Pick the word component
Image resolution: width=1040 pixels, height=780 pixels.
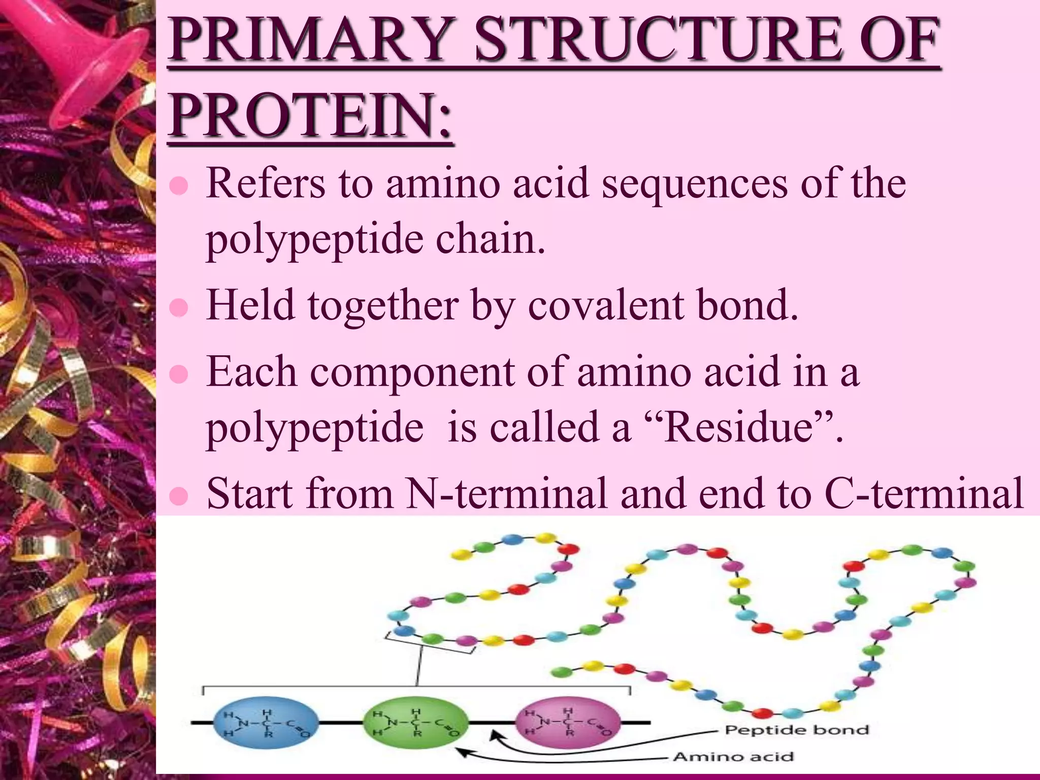tap(412, 372)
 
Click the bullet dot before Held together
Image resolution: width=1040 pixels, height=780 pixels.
tap(179, 308)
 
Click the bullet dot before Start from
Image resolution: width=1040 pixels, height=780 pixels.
tap(179, 496)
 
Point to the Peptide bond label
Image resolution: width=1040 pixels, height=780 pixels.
tap(796, 730)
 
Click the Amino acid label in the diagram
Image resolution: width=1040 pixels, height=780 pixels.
tap(733, 757)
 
